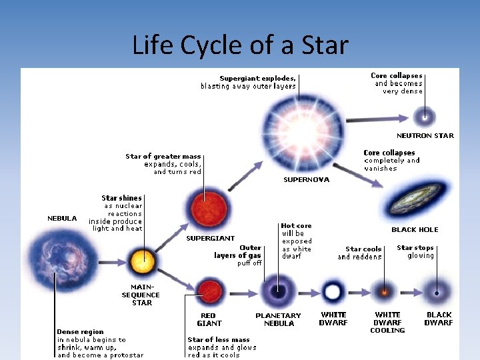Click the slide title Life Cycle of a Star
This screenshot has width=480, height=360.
(240, 45)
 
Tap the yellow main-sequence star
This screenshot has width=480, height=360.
(142, 259)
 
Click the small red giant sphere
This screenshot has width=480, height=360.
(211, 292)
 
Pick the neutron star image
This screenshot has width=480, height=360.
(424, 117)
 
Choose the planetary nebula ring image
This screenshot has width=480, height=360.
(275, 292)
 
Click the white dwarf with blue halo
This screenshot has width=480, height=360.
(332, 292)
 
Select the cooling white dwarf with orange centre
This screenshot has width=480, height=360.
(384, 292)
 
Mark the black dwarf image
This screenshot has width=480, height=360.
(438, 292)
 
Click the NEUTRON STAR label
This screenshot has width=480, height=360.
(425, 136)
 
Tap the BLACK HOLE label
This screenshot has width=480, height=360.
(415, 230)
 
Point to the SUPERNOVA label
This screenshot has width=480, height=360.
(306, 180)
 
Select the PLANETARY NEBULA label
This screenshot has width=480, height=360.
(278, 319)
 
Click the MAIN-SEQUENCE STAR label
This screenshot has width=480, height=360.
(141, 295)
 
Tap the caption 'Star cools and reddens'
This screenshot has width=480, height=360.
(359, 253)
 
